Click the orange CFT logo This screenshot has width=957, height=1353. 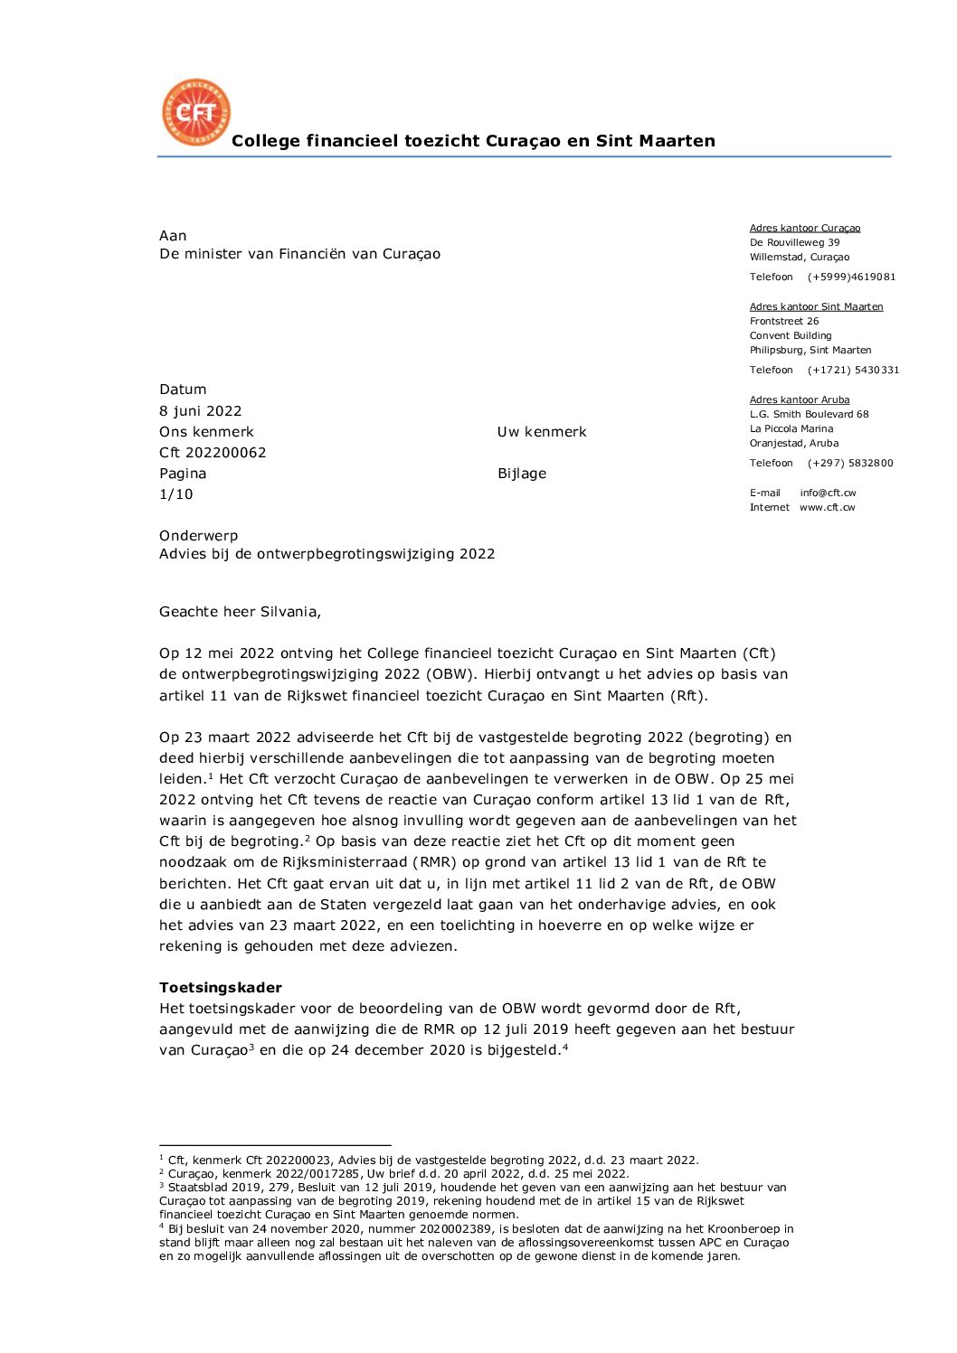(196, 112)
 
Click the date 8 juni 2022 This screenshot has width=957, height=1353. (201, 411)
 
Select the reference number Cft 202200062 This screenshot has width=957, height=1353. (213, 453)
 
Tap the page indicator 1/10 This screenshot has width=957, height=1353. (176, 494)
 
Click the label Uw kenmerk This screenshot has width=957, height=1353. (542, 432)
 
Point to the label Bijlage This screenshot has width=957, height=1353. (522, 474)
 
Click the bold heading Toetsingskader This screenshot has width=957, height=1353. (221, 988)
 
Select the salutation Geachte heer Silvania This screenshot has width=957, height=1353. (240, 612)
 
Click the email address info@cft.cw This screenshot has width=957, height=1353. (828, 493)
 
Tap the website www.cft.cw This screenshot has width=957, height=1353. (827, 507)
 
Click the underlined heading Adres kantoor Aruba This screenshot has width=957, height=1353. (800, 399)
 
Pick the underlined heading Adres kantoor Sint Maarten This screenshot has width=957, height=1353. (816, 306)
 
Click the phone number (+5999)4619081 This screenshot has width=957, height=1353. (851, 277)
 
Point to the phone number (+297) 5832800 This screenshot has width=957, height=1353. (850, 463)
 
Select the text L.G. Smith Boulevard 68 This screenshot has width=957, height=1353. (809, 414)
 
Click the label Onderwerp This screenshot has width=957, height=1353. (199, 536)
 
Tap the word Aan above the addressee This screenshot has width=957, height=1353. (173, 236)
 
